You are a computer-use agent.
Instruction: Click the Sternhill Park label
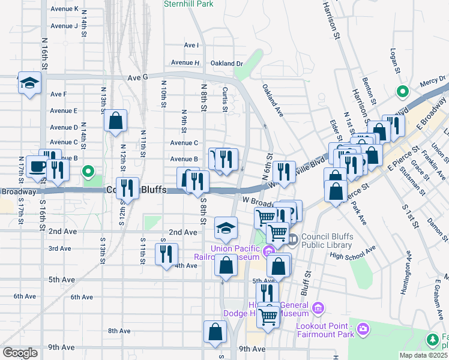[x=188, y=4]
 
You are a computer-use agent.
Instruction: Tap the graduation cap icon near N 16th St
[x=29, y=83]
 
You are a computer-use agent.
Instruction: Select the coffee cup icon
[x=37, y=167]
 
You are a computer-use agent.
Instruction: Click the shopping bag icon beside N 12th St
[x=115, y=121]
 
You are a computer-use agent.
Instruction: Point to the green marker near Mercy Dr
[x=402, y=92]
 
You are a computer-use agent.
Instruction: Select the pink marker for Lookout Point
[x=363, y=328]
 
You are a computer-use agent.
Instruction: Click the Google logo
[x=19, y=353]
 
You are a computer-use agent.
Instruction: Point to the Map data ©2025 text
[x=423, y=355]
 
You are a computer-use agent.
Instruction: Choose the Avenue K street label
[x=64, y=9]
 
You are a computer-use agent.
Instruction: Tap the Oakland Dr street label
[x=226, y=63]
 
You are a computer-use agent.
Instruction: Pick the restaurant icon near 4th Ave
[x=166, y=254]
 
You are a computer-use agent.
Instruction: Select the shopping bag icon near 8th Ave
[x=215, y=332]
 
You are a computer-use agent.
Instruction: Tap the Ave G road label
[x=137, y=77]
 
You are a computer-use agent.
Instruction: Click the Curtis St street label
[x=224, y=98]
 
